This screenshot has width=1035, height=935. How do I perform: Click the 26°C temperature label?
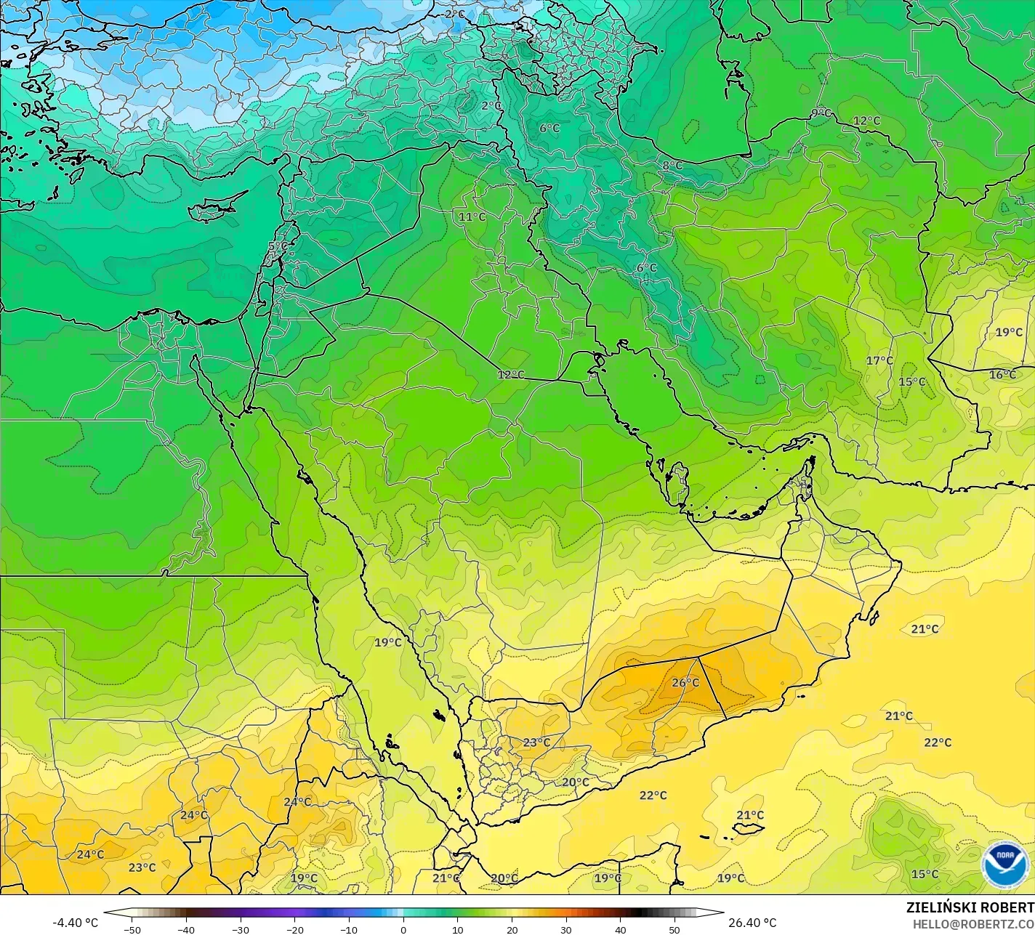(685, 683)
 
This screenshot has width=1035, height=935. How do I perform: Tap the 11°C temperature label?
(472, 216)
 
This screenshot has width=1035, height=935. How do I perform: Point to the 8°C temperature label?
(672, 166)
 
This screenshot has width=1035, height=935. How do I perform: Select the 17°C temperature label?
(879, 361)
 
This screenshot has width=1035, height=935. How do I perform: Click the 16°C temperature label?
(1002, 375)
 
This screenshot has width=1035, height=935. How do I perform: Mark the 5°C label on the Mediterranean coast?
(278, 246)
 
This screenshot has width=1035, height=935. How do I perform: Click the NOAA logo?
(1004, 864)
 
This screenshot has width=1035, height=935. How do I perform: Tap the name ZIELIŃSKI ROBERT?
(970, 907)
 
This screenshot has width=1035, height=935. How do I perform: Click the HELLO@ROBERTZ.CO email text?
(973, 923)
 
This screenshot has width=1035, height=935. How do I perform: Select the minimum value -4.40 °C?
(75, 923)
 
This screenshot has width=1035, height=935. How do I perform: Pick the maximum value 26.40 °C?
(752, 923)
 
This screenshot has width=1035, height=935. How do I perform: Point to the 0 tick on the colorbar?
(403, 929)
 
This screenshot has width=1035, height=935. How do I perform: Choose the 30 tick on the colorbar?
(566, 929)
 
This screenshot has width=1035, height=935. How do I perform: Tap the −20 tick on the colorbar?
(294, 929)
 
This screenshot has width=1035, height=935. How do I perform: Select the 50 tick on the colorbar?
(674, 929)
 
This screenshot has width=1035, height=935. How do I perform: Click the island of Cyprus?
(211, 209)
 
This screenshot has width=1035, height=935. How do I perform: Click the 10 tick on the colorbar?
(458, 929)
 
